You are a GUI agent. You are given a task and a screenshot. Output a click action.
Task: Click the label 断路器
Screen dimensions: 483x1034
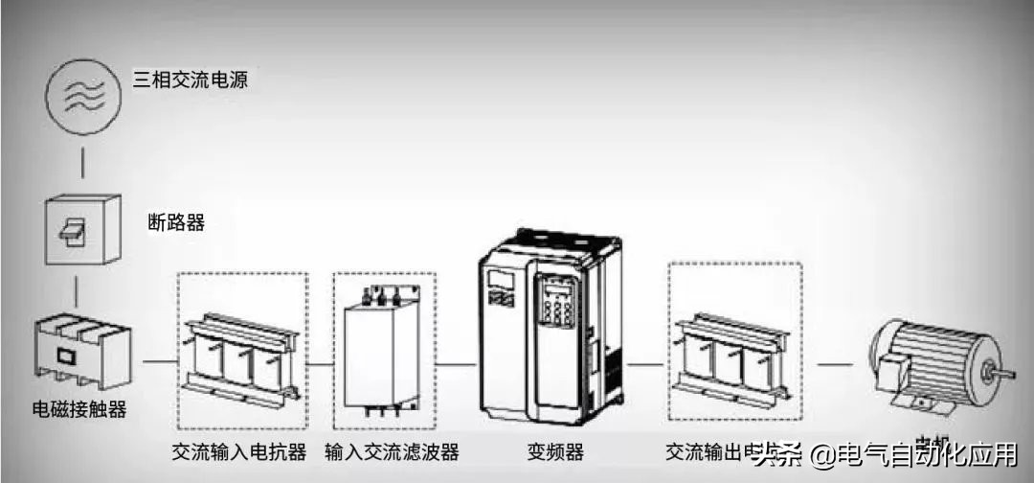click(176, 223)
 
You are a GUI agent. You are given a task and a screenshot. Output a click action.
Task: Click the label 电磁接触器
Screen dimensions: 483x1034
click(79, 410)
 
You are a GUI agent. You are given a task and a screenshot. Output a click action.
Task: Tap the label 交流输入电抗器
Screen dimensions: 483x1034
click(239, 451)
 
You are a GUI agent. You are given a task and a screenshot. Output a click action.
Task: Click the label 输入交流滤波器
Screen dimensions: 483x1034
click(392, 451)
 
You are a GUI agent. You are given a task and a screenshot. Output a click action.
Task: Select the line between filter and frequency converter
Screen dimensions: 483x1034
click(458, 364)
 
